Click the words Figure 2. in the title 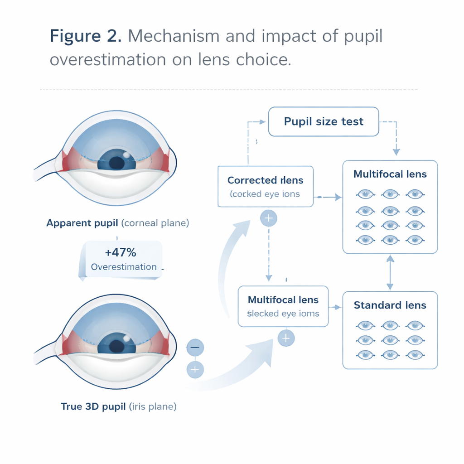pyautogui.click(x=85, y=36)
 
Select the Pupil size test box pyautogui.click(x=324, y=121)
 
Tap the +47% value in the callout pyautogui.click(x=120, y=252)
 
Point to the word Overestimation pyautogui.click(x=124, y=267)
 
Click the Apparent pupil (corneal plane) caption pyautogui.click(x=118, y=223)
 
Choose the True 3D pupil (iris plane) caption pyautogui.click(x=119, y=406)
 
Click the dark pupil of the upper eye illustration pyautogui.click(x=116, y=162)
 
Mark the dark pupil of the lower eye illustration pyautogui.click(x=116, y=345)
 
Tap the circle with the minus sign pyautogui.click(x=195, y=348)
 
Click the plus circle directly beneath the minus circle pyautogui.click(x=195, y=370)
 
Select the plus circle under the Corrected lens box pyautogui.click(x=269, y=218)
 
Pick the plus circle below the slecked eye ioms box pyautogui.click(x=285, y=338)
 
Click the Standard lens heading pyautogui.click(x=390, y=305)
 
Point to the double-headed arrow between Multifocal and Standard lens pyautogui.click(x=390, y=272)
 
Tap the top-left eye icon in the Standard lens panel pyautogui.click(x=364, y=325)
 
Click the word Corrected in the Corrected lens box pyautogui.click(x=249, y=180)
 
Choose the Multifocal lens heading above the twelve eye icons pyautogui.click(x=390, y=174)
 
